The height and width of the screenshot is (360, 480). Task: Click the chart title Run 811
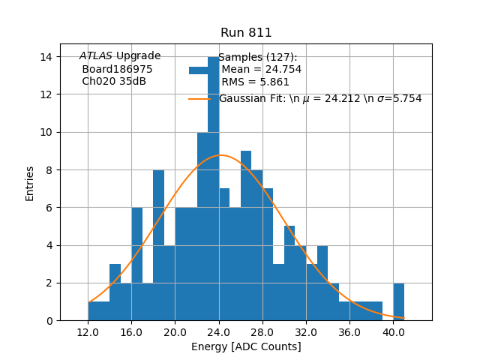[246, 33]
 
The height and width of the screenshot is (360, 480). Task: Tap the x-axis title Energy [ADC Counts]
[246, 346]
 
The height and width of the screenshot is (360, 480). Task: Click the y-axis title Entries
[30, 184]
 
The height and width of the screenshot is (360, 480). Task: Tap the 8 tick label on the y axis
[49, 169]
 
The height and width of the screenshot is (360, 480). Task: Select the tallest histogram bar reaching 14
[213, 187]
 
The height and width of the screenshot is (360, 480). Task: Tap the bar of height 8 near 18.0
[158, 247]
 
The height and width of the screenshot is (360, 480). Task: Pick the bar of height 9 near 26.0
[246, 236]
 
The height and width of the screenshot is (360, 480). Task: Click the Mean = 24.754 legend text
[261, 70]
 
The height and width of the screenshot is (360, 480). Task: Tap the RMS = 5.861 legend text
[252, 82]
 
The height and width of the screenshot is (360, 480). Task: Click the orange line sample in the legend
[199, 99]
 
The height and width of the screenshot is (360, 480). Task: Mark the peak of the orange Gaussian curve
[220, 155]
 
